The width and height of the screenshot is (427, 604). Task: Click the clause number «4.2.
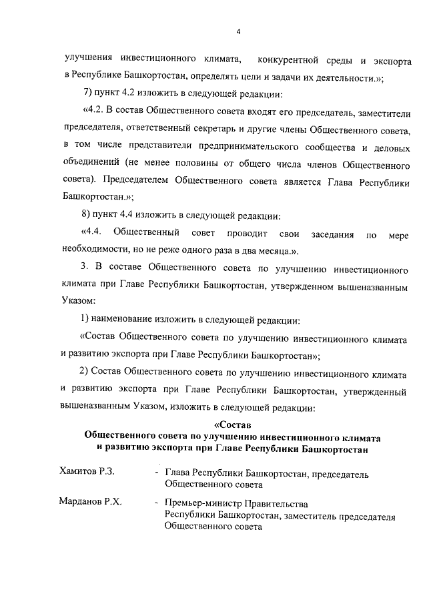coord(94,111)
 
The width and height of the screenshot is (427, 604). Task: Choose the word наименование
coord(129,320)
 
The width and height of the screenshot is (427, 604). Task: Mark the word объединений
coord(93,163)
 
